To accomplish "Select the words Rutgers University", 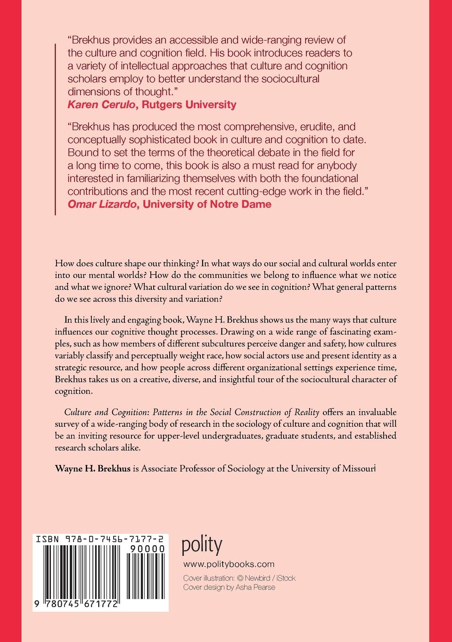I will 189,105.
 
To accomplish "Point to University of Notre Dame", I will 207,204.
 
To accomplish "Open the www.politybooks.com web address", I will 229,564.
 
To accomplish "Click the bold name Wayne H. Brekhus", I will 92,468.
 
